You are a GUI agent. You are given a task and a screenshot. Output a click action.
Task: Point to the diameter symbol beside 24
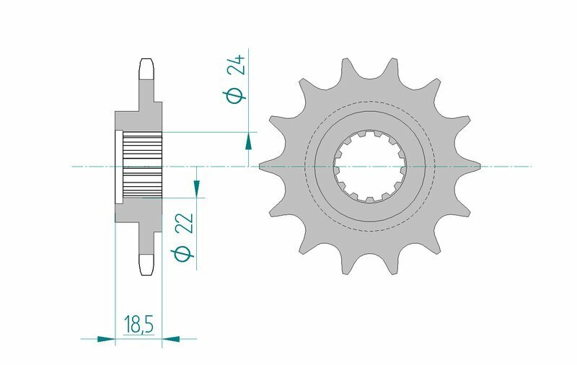click(236, 94)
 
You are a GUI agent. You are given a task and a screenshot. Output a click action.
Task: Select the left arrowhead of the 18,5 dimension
click(106, 337)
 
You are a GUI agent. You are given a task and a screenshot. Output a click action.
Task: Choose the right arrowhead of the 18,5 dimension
click(171, 337)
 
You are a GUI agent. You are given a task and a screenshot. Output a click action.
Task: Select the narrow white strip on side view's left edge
click(118, 167)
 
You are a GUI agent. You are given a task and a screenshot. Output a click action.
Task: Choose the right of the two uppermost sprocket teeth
click(392, 71)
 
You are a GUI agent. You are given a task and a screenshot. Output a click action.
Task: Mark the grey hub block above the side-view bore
click(137, 120)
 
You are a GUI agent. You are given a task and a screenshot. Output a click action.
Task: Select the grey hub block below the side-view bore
click(137, 211)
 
